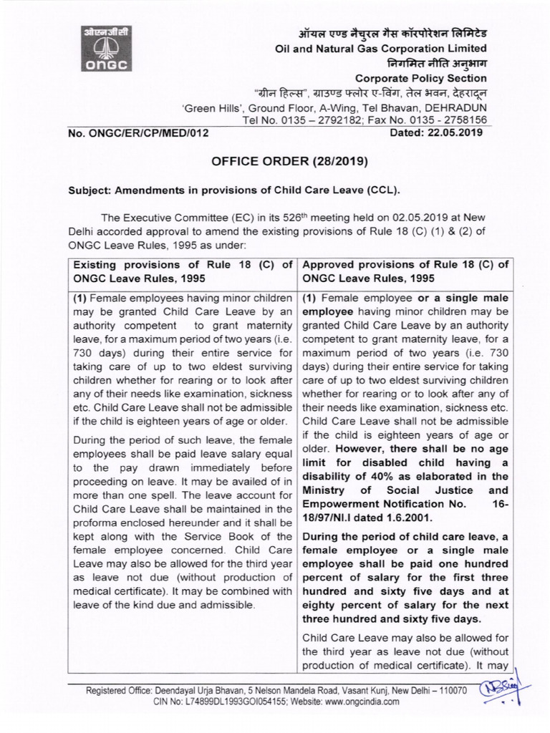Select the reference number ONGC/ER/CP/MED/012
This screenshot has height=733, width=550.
point(141,132)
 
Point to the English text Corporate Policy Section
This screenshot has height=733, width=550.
point(421,79)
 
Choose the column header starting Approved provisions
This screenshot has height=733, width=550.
point(406,271)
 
